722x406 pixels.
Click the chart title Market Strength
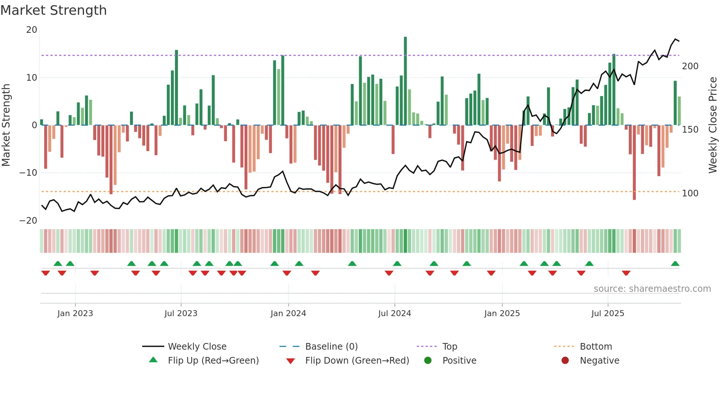(53, 10)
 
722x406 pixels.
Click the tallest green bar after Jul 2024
(405, 81)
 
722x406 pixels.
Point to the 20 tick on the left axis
(32, 30)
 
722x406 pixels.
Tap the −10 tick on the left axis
(28, 173)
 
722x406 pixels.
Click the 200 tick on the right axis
(690, 66)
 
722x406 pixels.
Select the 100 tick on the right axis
(690, 193)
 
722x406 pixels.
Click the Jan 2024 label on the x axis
(288, 314)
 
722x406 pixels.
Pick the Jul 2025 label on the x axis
(607, 314)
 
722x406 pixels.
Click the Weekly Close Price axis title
(713, 125)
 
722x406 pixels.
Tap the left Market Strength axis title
(6, 125)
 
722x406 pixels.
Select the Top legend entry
(449, 347)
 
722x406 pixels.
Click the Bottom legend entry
(596, 347)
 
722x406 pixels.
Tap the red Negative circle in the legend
(565, 360)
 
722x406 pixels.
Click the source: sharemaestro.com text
(652, 289)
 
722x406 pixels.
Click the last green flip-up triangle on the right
(675, 264)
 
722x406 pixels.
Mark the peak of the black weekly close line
(676, 39)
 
